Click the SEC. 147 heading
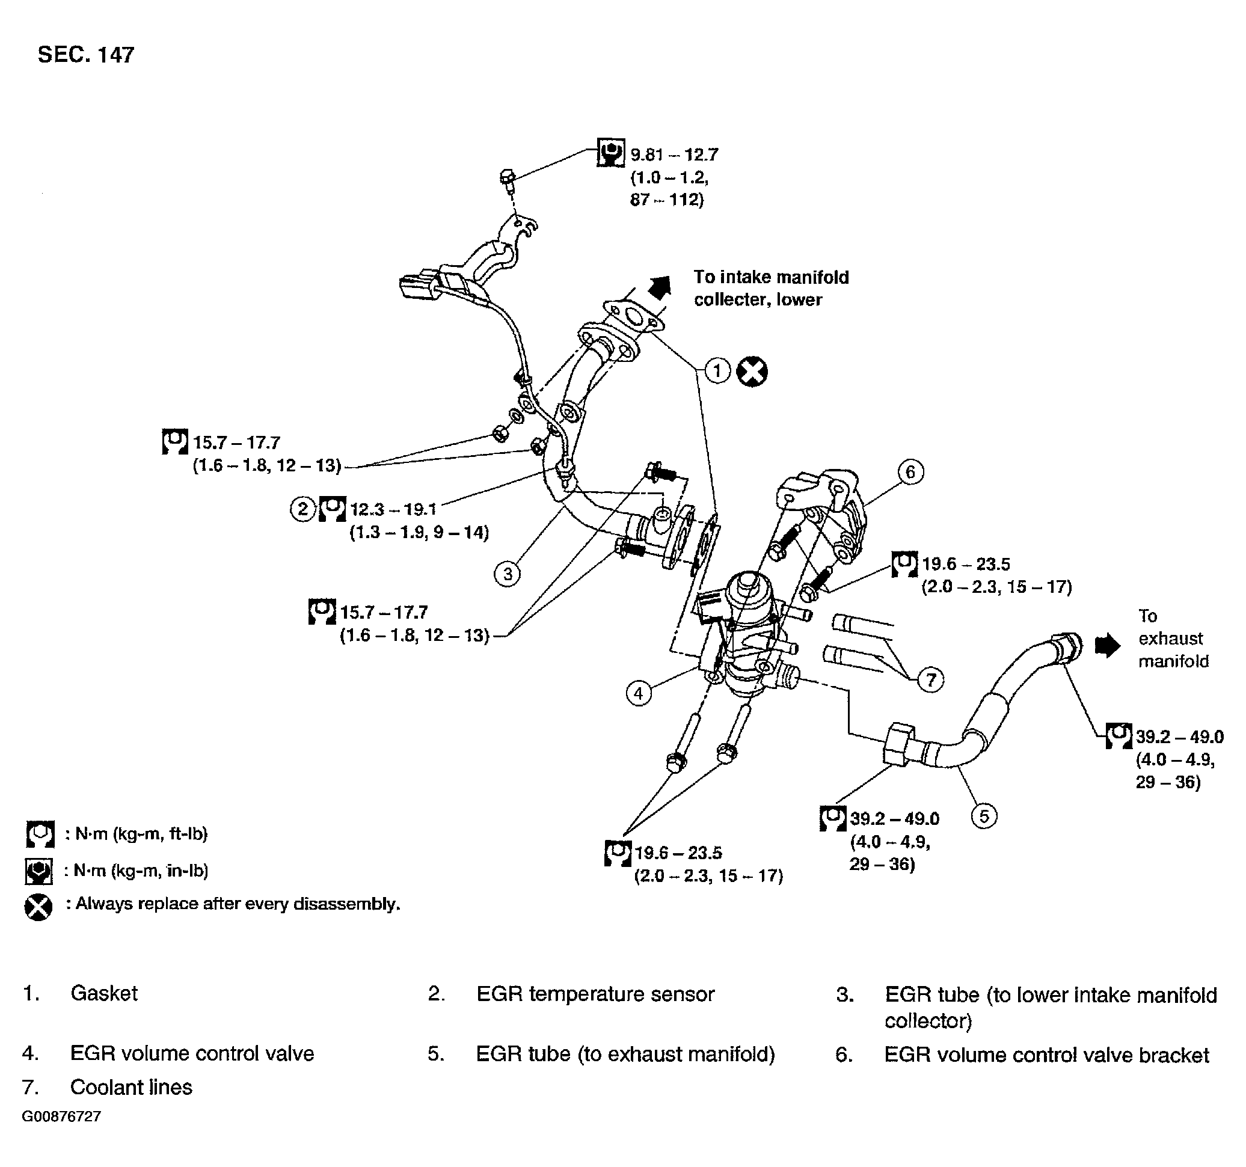(86, 55)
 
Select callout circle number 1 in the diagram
(717, 370)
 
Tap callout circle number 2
(302, 508)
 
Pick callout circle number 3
(508, 574)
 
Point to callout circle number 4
(638, 693)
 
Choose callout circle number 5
(984, 816)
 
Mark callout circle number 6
(910, 471)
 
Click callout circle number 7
(931, 679)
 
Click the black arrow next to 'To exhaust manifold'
(1108, 646)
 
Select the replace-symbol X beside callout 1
(752, 372)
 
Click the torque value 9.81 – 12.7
(674, 154)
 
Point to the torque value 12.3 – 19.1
(393, 508)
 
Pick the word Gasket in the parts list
(104, 993)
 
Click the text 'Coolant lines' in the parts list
(131, 1088)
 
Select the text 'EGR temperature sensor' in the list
(595, 994)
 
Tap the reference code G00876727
(61, 1117)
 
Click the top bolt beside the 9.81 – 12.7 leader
(507, 179)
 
